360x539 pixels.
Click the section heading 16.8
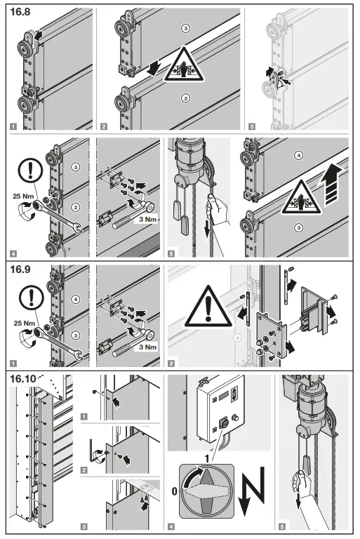click(x=20, y=12)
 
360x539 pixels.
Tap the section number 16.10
click(x=23, y=379)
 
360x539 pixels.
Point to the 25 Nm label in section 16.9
click(x=24, y=323)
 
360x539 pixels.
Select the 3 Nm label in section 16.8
click(x=148, y=219)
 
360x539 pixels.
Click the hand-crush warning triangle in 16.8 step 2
click(x=185, y=65)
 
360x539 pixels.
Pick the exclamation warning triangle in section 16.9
click(x=208, y=307)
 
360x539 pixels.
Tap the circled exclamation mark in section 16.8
click(x=31, y=171)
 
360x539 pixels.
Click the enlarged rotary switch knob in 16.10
click(x=206, y=491)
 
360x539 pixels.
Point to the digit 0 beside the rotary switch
click(x=174, y=491)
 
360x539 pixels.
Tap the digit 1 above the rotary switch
click(x=207, y=458)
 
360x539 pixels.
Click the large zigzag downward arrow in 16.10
click(x=253, y=491)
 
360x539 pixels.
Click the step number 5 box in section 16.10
click(x=282, y=526)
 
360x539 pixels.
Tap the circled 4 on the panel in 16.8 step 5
click(x=299, y=155)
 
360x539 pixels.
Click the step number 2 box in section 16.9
click(x=171, y=364)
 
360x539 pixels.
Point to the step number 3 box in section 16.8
click(x=252, y=126)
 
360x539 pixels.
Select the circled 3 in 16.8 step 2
click(x=186, y=28)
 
